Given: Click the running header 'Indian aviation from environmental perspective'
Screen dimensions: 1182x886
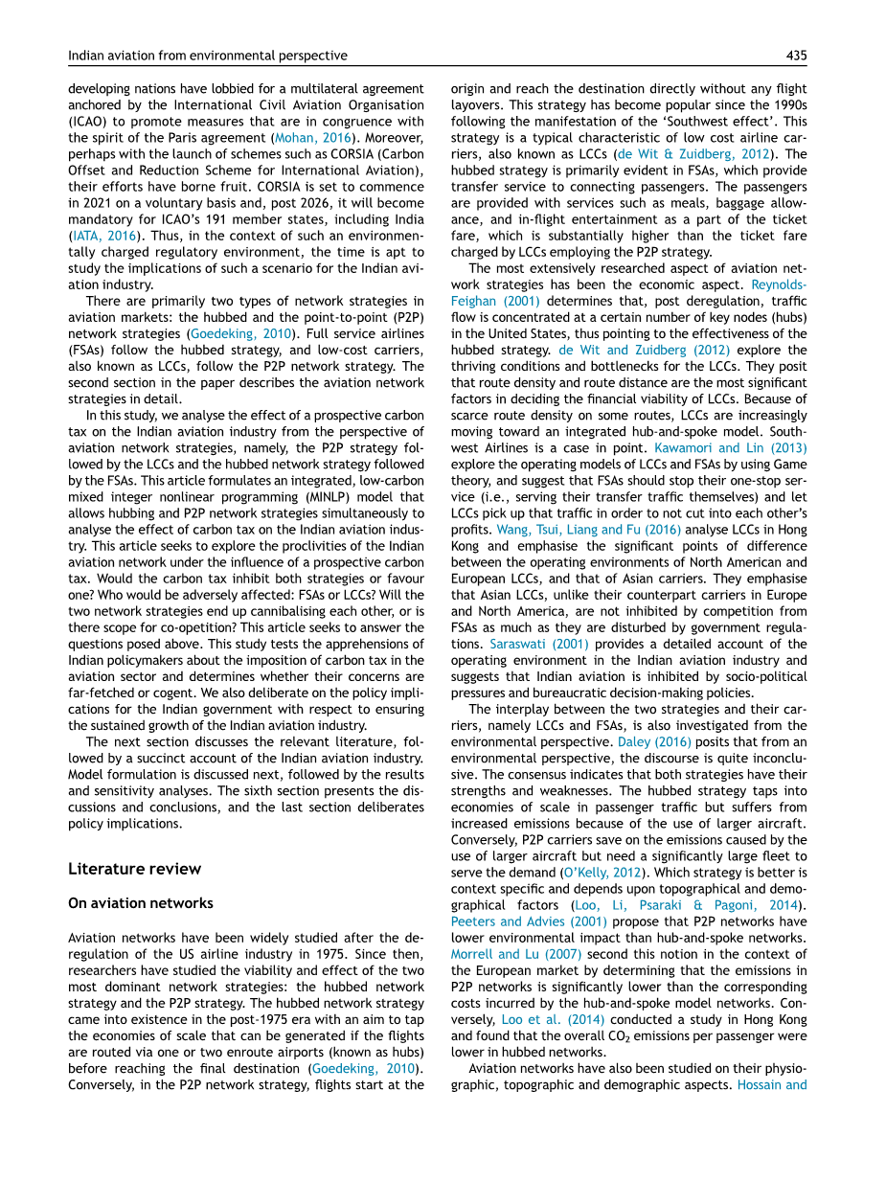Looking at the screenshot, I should (x=208, y=57).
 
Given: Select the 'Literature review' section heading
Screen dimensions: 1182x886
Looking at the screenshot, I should (x=135, y=869).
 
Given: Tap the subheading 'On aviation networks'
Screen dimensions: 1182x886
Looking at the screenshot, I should (x=141, y=903).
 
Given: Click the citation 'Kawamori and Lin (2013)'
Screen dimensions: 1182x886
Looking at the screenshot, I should (x=730, y=448).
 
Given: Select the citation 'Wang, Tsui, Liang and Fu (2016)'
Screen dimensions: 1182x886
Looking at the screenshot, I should (x=575, y=530).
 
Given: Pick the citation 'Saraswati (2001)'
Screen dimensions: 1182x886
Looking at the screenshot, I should (x=526, y=644).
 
